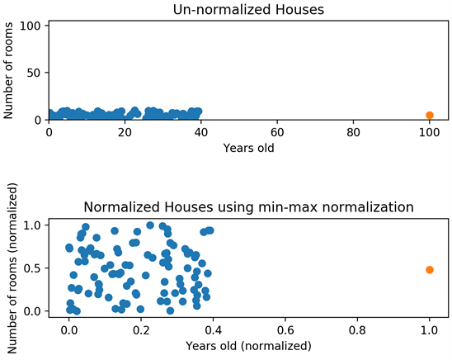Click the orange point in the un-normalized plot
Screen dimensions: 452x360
[x=430, y=115]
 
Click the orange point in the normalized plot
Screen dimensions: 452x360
[x=430, y=270]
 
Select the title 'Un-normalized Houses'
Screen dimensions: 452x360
[x=248, y=10]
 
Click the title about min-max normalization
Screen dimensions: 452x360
[x=248, y=207]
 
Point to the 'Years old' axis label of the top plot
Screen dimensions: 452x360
[x=248, y=148]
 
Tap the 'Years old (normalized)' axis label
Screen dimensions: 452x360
[x=248, y=346]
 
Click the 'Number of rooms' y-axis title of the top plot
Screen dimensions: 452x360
[x=8, y=70]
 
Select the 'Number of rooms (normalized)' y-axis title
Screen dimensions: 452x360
[x=12, y=268]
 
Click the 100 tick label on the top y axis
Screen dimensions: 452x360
[x=31, y=26]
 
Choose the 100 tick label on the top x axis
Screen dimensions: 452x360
[x=430, y=132]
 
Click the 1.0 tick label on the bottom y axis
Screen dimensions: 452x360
[x=32, y=225]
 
